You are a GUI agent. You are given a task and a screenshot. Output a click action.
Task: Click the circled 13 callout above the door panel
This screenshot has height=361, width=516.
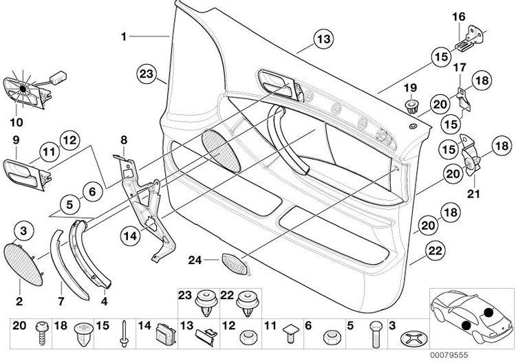pyautogui.click(x=323, y=41)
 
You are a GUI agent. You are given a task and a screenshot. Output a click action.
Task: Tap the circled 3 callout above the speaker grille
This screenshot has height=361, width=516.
pyautogui.click(x=23, y=228)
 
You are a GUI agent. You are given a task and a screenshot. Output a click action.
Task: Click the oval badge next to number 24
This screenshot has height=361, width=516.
pyautogui.click(x=236, y=262)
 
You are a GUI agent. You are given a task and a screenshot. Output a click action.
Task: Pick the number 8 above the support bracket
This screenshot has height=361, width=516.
pyautogui.click(x=124, y=140)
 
